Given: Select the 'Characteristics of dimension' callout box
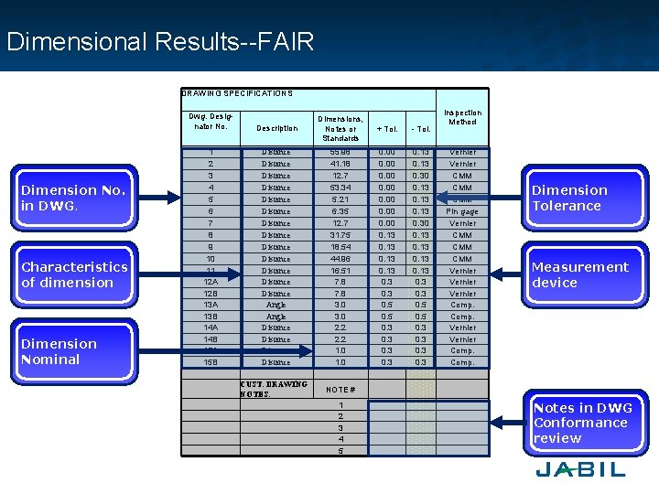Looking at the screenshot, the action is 74,274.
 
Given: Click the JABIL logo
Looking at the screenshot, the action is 580,469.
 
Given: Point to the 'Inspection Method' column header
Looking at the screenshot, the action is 462,117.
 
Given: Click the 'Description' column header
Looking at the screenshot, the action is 276,128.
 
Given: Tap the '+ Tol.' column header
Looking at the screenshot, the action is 386,129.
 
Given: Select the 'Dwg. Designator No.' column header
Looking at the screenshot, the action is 211,122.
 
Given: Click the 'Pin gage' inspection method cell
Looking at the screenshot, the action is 462,211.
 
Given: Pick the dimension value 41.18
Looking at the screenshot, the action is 340,164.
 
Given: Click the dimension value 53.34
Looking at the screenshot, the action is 340,188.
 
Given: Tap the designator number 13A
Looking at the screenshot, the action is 211,305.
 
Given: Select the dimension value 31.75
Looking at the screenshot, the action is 340,235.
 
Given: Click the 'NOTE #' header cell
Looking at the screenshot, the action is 340,389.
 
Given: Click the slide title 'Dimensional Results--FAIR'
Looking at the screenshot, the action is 160,41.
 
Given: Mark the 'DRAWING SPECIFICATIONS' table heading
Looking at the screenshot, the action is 237,93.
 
